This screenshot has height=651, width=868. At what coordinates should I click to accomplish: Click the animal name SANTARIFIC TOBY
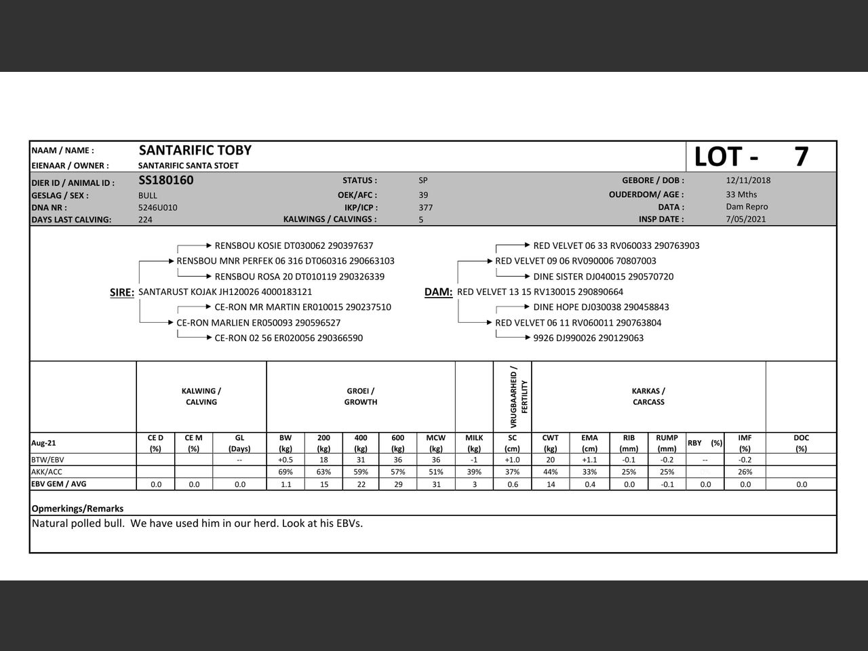tap(195, 151)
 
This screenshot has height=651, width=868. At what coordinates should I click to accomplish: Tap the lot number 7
tap(801, 157)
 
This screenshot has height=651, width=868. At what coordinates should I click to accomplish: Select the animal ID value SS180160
tap(165, 180)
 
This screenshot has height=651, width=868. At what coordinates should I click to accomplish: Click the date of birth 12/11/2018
tap(748, 180)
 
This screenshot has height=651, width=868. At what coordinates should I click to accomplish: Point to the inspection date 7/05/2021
tap(745, 219)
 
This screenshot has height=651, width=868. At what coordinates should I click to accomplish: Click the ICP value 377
tap(425, 208)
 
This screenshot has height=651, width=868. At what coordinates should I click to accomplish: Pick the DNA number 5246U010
tap(157, 208)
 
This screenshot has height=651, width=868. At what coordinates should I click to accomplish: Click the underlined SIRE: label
tap(122, 292)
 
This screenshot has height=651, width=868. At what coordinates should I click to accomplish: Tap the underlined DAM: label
tap(438, 292)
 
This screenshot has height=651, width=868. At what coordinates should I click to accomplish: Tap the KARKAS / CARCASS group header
tap(648, 397)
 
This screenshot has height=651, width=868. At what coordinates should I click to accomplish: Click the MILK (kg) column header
tap(474, 443)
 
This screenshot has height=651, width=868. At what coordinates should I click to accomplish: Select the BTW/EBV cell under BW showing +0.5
tap(285, 460)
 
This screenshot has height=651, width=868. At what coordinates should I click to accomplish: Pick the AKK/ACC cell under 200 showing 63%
tap(323, 472)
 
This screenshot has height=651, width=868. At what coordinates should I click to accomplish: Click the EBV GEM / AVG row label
tap(58, 484)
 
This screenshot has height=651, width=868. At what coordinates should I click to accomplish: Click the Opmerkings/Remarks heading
tap(77, 509)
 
